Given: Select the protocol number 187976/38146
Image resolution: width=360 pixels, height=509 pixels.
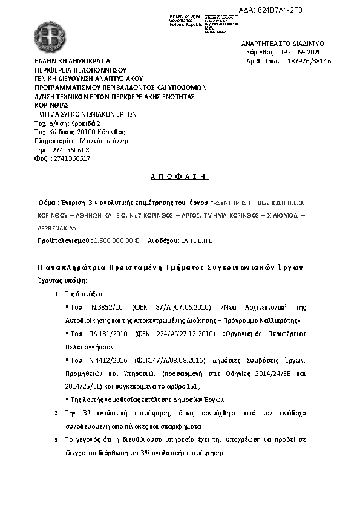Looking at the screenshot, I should coord(307,61).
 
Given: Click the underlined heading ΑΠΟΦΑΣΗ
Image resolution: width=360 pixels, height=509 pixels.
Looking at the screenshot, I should coord(178,178).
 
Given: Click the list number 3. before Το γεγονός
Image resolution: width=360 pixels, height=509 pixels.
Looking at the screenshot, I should coord(56,439).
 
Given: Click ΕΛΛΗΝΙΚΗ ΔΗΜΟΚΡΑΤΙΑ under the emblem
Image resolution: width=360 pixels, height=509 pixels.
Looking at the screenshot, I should coord(72,62).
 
